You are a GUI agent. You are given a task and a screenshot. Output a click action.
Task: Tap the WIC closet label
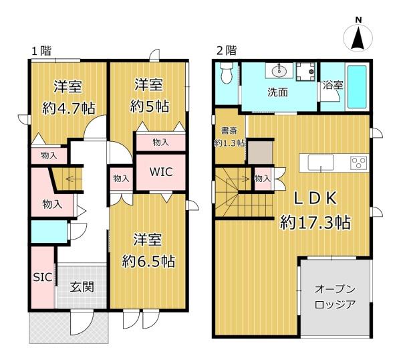click(x=161, y=172)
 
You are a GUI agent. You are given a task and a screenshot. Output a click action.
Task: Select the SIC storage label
click(x=43, y=277)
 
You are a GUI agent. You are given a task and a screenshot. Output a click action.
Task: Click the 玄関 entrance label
click(x=82, y=287)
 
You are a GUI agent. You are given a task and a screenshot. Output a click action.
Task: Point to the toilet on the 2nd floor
click(x=227, y=73)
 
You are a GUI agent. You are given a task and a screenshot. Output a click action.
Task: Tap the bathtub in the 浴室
click(x=358, y=86)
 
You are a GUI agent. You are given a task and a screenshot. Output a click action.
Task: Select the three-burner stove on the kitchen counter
click(x=359, y=163)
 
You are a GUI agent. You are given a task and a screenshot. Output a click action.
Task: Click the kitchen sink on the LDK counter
click(x=321, y=163)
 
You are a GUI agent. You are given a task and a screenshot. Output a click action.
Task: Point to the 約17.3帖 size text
click(x=315, y=222)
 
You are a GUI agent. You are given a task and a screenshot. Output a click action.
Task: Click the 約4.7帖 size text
click(x=69, y=108)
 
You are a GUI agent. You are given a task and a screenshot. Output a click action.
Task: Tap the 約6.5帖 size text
click(x=148, y=261)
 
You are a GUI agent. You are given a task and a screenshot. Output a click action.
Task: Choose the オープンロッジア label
click(x=335, y=297)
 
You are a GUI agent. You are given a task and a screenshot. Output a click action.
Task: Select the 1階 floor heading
click(x=41, y=51)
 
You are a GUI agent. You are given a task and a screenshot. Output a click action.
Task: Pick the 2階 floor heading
click(x=227, y=50)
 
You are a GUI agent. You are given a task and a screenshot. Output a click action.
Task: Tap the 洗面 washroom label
click(x=278, y=92)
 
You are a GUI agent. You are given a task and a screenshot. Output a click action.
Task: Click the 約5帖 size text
click(x=150, y=106)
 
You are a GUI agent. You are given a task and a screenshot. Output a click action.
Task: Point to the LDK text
click(x=315, y=199)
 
